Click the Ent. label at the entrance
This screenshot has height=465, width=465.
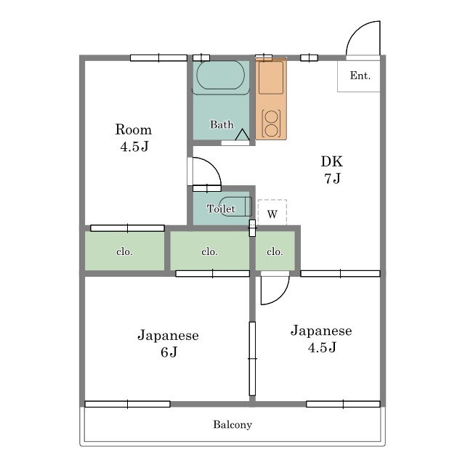coord(360,76)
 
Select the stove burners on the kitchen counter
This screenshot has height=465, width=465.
coord(271,123)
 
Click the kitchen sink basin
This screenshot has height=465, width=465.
coord(271,78)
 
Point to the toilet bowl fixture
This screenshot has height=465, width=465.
coord(235,206)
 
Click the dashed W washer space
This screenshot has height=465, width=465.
coord(272,212)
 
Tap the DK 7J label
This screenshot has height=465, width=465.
coord(332,169)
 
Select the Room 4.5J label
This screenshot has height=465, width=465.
coord(134,138)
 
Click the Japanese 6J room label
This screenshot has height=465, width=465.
coord(168,344)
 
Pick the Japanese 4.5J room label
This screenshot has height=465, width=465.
coord(321,339)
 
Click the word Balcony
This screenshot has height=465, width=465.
coord(232,424)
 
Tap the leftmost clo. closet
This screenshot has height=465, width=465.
coord(124,251)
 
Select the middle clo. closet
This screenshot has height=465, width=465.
coord(209,251)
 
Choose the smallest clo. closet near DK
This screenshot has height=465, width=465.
coord(275,251)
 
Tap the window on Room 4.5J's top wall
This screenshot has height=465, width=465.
coord(158,58)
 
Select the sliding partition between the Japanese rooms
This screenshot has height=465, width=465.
coord(252,359)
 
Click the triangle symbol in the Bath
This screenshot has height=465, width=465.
coord(242,135)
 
